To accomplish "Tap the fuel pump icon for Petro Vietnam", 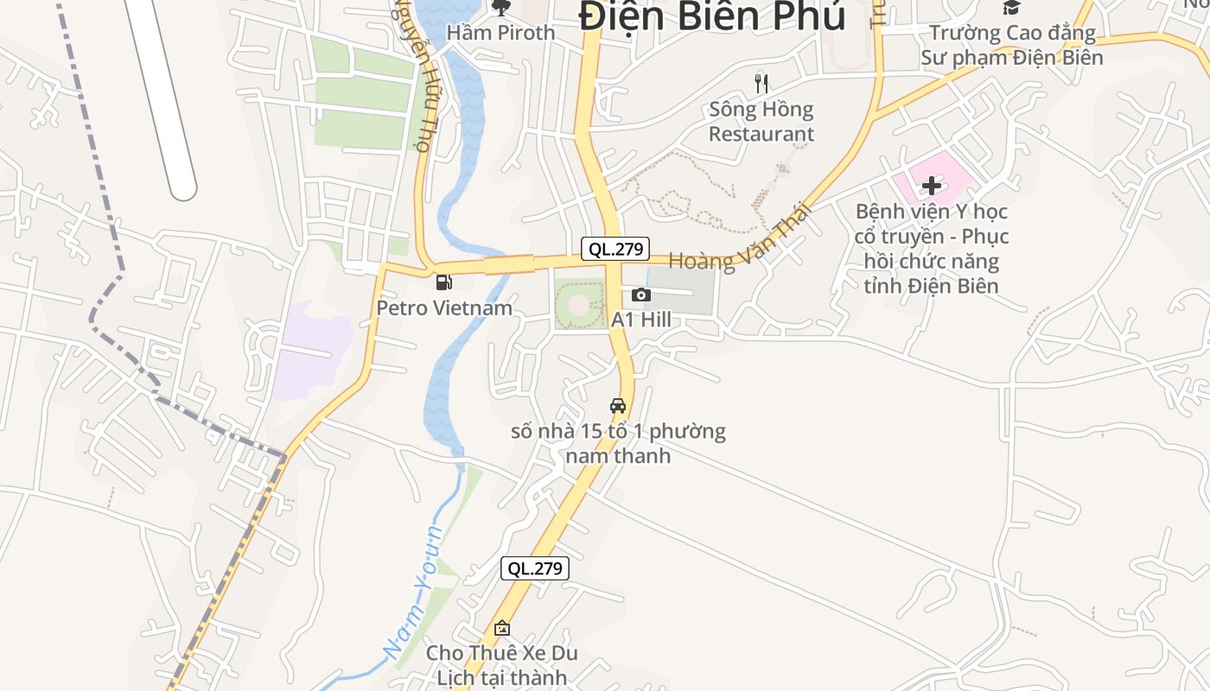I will tap(443, 282).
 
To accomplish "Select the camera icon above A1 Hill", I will tap(640, 295).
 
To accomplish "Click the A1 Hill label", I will tap(640, 320).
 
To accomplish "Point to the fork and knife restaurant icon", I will tap(761, 83).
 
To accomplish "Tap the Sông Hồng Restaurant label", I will tap(761, 122).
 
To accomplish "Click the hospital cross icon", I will tap(931, 185).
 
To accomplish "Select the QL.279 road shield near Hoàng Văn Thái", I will tap(615, 250).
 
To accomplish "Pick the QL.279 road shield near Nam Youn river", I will tap(534, 568).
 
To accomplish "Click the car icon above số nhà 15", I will tap(617, 405).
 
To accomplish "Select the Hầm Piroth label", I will tap(500, 33).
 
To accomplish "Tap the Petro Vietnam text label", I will tap(443, 307).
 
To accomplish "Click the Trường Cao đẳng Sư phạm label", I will tap(1011, 46).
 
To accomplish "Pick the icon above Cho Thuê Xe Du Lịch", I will tap(501, 628).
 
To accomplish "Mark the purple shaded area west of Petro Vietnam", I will tap(311, 350).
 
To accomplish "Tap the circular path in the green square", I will tap(579, 304).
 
